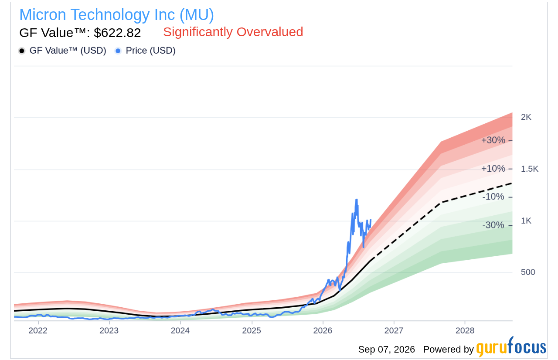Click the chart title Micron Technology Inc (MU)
tap(116, 15)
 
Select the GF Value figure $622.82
tap(117, 33)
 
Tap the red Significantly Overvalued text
tap(233, 32)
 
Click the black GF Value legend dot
tap(22, 51)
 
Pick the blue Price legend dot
tap(118, 51)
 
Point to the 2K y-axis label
tap(526, 117)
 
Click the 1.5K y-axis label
tap(530, 169)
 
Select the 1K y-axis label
tap(526, 221)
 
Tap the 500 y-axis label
tap(528, 272)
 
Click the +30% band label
tap(493, 140)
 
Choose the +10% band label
tap(493, 169)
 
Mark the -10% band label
tap(493, 197)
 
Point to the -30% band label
tap(493, 225)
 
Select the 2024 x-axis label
tap(180, 331)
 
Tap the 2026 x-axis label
tap(323, 331)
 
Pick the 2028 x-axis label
tap(465, 331)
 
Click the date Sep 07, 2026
tap(386, 350)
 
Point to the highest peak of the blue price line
tap(357, 200)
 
